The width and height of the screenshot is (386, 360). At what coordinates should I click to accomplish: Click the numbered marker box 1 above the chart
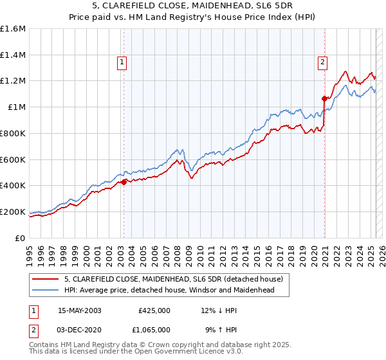122,62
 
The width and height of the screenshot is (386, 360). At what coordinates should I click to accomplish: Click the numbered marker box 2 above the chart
322,62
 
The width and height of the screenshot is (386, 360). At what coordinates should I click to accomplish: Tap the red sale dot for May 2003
124,182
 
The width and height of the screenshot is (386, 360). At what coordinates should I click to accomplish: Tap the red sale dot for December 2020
325,98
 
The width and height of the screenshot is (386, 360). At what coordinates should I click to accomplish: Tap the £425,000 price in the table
154,310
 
